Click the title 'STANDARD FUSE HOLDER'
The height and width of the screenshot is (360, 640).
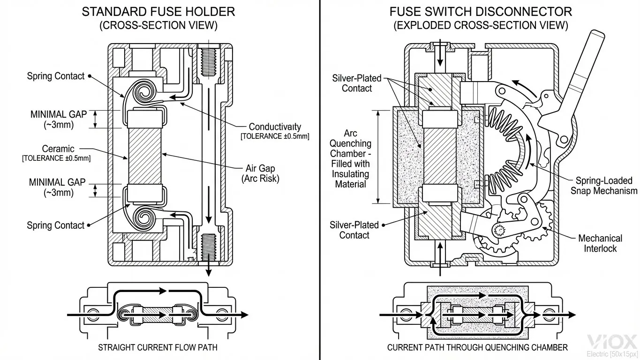158,11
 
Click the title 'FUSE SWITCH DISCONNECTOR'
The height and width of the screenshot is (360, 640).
481,11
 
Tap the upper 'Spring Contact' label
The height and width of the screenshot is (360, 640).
55,76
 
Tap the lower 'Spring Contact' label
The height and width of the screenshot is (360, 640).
55,225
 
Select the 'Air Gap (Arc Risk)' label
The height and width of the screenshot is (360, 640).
260,173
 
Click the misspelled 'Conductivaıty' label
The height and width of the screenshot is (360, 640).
275,127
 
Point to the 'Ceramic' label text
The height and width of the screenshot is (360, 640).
58,149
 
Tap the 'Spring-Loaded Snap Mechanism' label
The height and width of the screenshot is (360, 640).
603,186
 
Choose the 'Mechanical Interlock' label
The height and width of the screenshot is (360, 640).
600,243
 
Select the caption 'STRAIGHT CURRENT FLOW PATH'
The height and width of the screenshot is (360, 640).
158,347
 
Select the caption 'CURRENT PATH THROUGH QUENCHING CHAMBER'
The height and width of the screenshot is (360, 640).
477,347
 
